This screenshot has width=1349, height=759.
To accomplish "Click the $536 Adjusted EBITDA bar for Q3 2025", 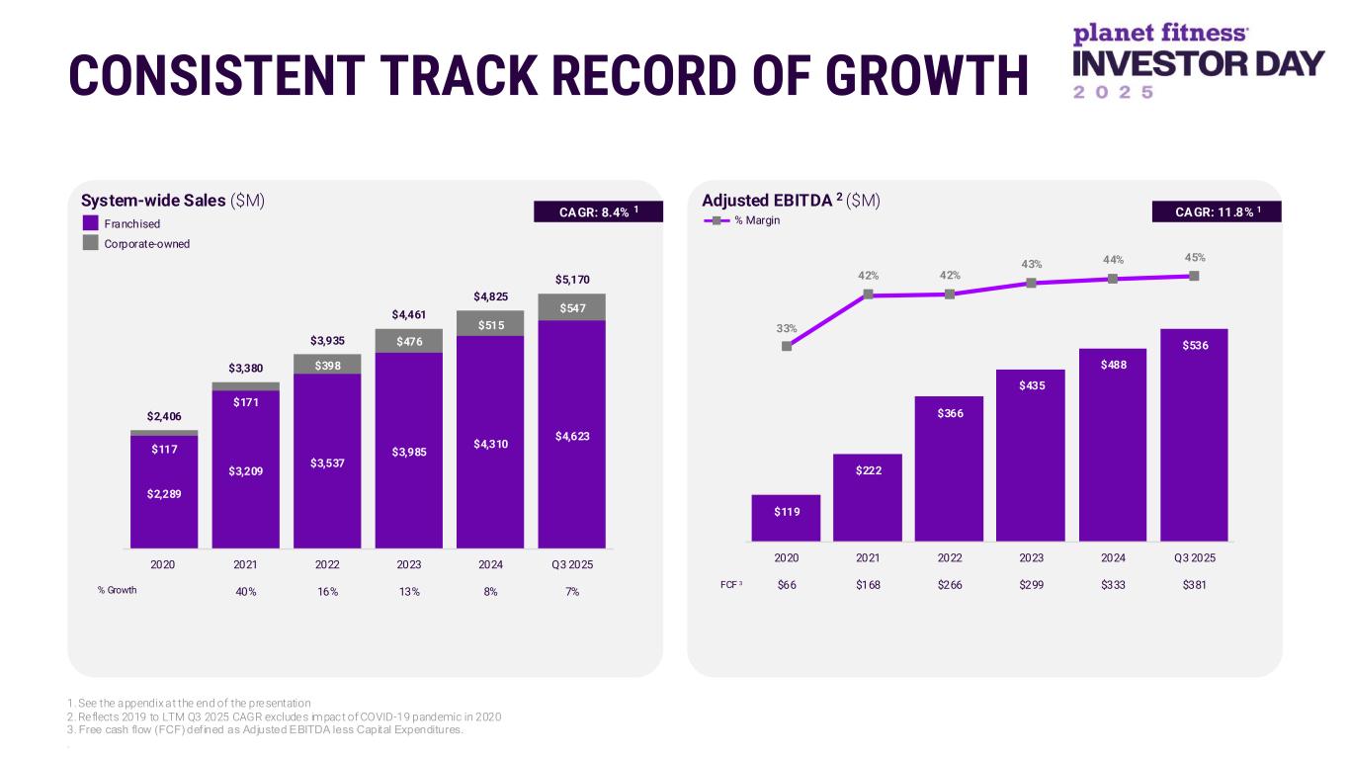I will tap(1194, 435).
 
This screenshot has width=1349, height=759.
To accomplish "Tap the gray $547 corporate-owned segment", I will tap(572, 307).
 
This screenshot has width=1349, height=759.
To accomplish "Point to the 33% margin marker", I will tap(787, 346).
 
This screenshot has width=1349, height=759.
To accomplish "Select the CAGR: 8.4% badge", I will tap(597, 211).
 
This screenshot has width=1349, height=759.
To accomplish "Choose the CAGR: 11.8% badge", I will tap(1216, 211).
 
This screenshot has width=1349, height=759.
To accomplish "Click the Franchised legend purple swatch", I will tap(91, 223).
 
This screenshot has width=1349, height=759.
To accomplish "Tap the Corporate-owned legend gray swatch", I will tap(91, 243).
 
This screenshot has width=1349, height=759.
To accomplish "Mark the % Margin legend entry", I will tap(741, 220).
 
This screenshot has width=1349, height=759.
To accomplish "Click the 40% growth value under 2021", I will tap(245, 591).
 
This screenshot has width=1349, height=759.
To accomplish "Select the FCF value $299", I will tap(1031, 584).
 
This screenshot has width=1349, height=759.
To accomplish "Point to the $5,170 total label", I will tap(572, 280).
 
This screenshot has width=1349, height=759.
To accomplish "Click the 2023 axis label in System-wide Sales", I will tap(409, 565).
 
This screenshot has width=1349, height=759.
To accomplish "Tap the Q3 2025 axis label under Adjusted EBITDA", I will tap(1194, 557).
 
